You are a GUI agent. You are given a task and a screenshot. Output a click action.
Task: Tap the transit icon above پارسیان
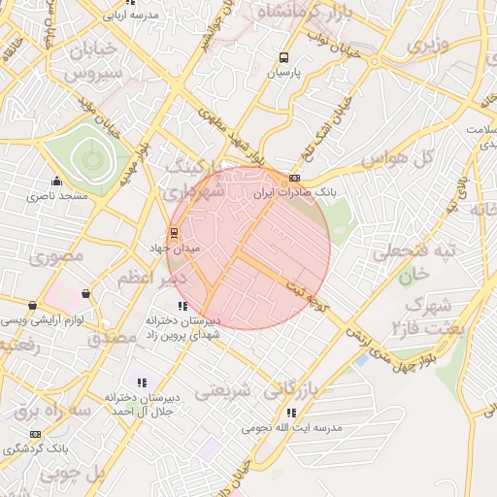click(x=283, y=56)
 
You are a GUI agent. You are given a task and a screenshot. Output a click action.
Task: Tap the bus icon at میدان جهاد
click(x=174, y=233)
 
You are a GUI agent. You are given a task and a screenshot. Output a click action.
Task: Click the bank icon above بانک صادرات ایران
click(x=294, y=179)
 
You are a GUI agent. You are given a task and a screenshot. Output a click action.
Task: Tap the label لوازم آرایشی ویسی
click(x=42, y=319)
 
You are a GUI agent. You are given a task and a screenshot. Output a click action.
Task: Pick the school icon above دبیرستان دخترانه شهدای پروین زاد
click(x=182, y=307)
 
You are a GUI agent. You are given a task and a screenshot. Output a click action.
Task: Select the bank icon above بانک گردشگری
click(x=36, y=434)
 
